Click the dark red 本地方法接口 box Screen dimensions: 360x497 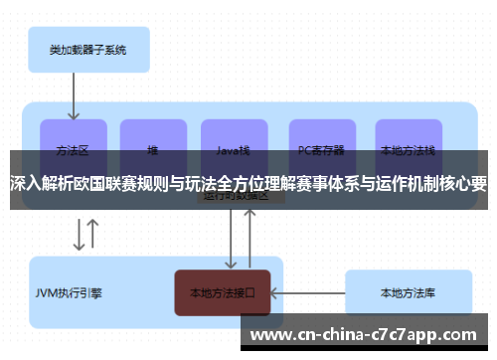(222, 293)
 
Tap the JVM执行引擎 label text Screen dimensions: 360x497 (69, 293)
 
